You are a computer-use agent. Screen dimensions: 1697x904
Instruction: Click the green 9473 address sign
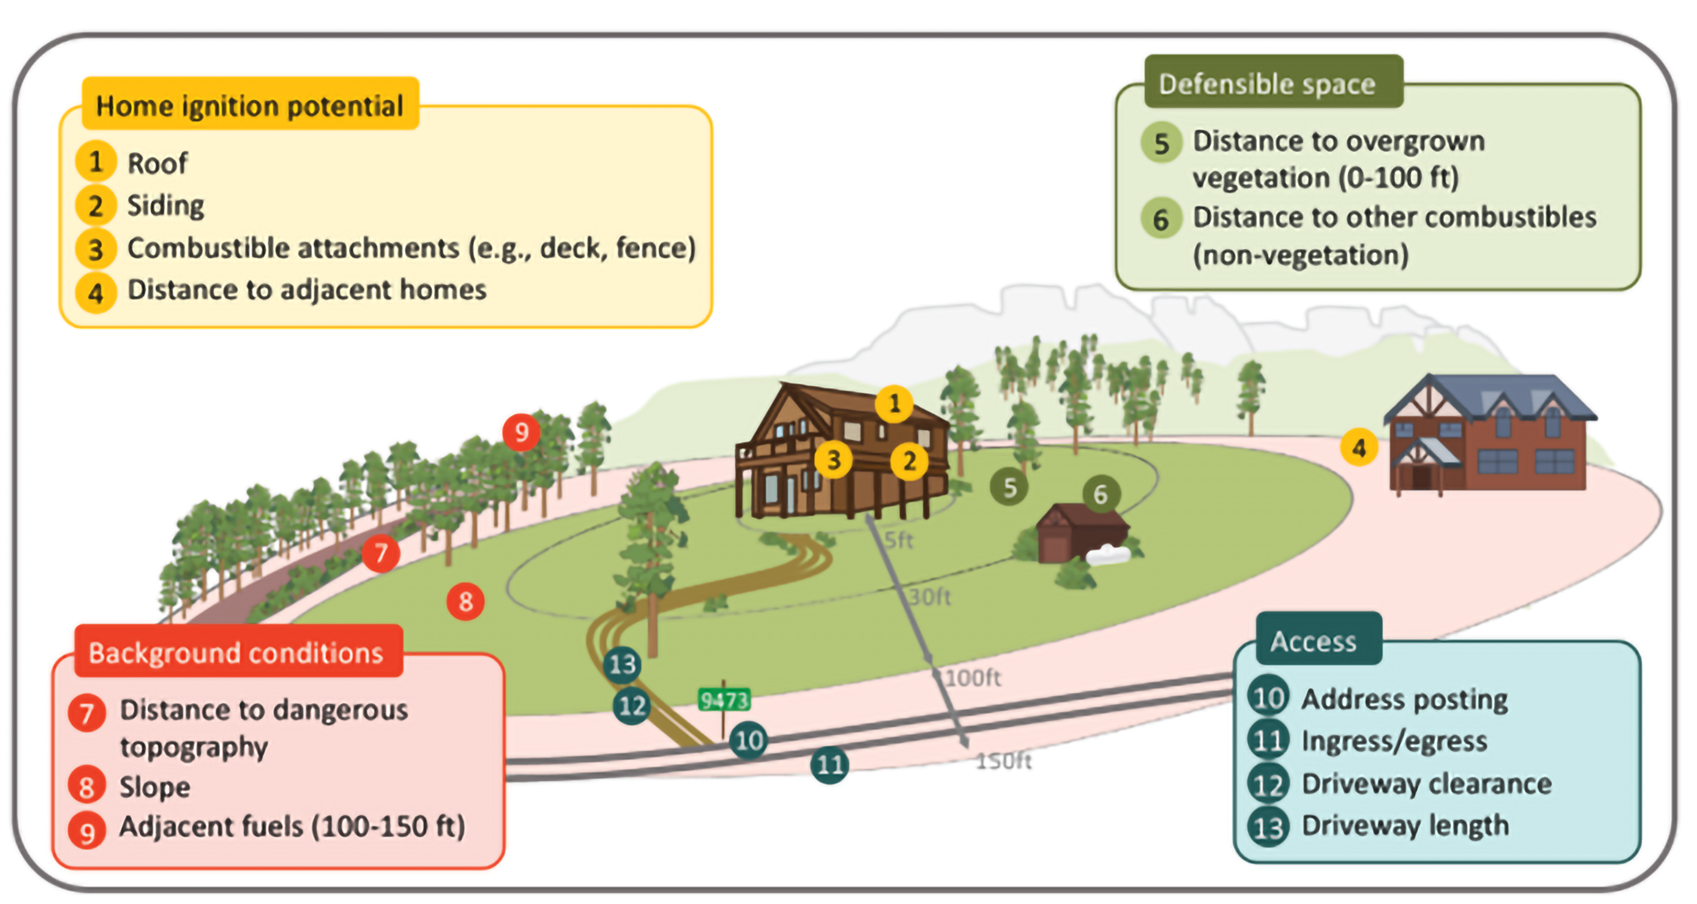pyautogui.click(x=724, y=699)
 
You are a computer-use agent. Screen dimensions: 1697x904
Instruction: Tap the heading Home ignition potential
pyautogui.click(x=249, y=106)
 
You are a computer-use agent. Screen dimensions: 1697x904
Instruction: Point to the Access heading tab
pyautogui.click(x=1318, y=638)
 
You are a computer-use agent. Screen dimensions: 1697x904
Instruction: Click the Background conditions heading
pyautogui.click(x=236, y=652)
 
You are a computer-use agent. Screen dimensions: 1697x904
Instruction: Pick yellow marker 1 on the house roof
pyautogui.click(x=894, y=403)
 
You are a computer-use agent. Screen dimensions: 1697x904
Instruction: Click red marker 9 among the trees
pyautogui.click(x=522, y=432)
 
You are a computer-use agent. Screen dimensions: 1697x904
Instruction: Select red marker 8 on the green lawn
pyautogui.click(x=466, y=601)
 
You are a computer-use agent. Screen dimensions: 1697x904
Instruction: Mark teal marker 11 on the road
pyautogui.click(x=829, y=764)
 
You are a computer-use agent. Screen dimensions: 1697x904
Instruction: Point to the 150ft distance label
pyautogui.click(x=1003, y=761)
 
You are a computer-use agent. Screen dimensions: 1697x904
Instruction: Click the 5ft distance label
pyautogui.click(x=898, y=540)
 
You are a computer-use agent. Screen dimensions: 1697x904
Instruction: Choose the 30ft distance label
pyautogui.click(x=929, y=596)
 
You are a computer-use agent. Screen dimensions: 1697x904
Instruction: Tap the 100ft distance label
pyautogui.click(x=974, y=677)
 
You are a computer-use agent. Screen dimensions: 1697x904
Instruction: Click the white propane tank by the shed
pyautogui.click(x=1108, y=555)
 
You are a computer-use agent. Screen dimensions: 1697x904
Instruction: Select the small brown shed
pyautogui.click(x=1080, y=531)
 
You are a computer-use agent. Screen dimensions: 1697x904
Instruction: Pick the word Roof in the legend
pyautogui.click(x=158, y=162)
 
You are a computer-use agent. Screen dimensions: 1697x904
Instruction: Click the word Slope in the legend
pyautogui.click(x=155, y=787)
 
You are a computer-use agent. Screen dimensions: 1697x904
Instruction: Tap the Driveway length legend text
pyautogui.click(x=1405, y=825)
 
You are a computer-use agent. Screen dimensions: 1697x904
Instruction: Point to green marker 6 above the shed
pyautogui.click(x=1100, y=494)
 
